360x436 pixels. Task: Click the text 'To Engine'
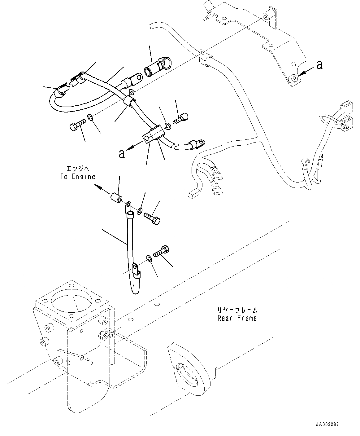coord(78,177)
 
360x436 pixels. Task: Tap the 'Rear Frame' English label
coord(237,318)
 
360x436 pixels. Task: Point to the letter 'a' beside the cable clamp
coord(122,153)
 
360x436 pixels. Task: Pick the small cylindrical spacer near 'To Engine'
coord(116,197)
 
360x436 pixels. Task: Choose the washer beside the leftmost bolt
coord(90,117)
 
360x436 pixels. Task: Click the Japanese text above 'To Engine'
coord(78,168)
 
